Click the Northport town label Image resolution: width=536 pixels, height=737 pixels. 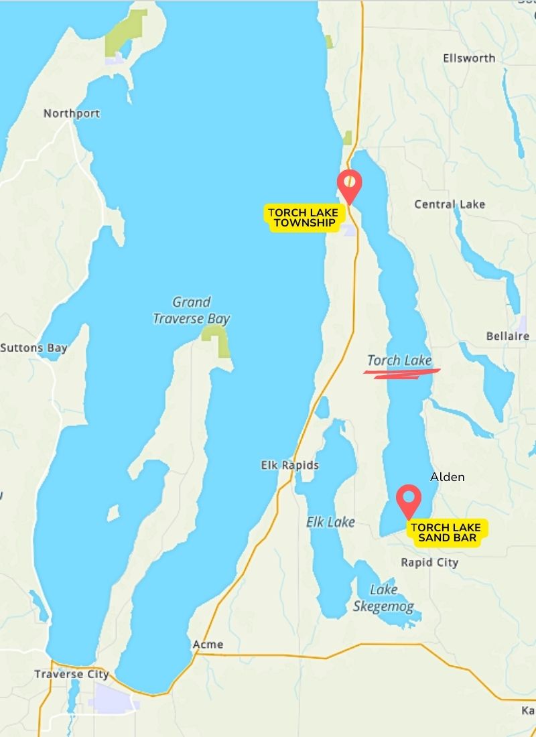pos(71,113)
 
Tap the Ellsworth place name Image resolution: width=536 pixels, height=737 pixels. pos(469,58)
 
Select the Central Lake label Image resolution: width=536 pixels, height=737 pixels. pos(450,204)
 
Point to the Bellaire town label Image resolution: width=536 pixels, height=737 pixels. pos(507,336)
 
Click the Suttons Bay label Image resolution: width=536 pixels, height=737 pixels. pos(33,348)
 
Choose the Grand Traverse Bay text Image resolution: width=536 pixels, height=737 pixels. pos(191,310)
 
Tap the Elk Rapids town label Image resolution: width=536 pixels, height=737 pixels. pos(290,465)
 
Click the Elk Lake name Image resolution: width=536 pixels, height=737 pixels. pos(330,522)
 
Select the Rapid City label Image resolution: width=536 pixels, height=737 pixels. pos(429,562)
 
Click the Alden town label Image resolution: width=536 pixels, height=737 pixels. pos(447,477)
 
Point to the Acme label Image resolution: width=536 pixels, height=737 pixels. pos(208,645)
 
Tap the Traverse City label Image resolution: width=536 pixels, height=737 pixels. pos(72,674)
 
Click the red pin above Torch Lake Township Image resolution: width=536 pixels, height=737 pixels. pos(349,183)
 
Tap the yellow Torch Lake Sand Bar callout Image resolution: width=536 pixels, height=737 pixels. pos(446,533)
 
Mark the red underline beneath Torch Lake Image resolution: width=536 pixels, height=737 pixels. pos(402,373)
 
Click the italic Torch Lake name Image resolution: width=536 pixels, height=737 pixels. pos(399,360)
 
